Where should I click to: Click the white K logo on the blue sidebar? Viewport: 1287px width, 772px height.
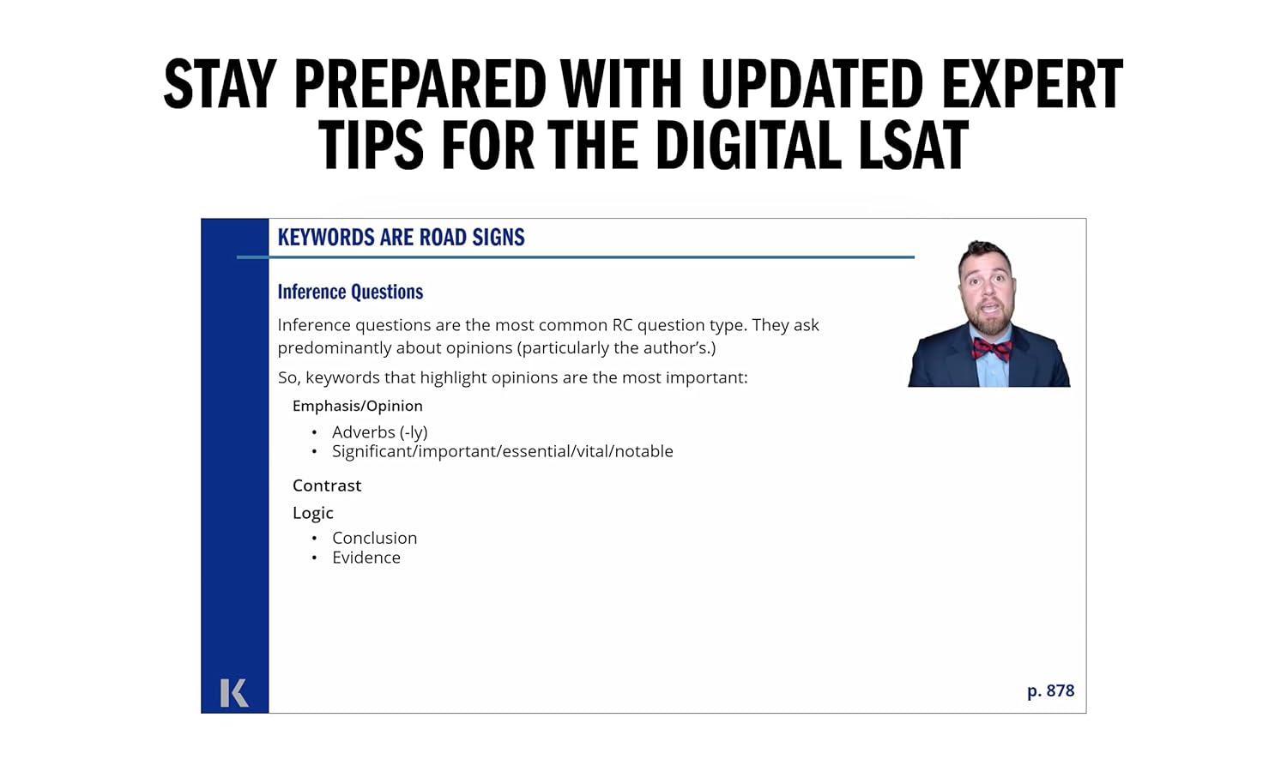coord(233,692)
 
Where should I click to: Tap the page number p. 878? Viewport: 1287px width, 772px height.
coord(1050,691)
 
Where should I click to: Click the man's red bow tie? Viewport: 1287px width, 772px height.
coord(992,348)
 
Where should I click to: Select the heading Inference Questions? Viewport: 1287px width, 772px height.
coord(350,292)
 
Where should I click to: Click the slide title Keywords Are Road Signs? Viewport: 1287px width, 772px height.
coord(401,238)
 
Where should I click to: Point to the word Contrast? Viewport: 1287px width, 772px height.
coord(327,486)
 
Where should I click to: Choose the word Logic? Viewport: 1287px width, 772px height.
coord(312,513)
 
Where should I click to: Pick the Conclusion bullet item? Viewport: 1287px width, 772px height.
coord(374,538)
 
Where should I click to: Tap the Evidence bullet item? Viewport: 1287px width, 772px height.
coord(366,558)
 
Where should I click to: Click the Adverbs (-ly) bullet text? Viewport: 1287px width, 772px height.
coord(379,432)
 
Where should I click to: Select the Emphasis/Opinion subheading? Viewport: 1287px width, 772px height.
coord(357,406)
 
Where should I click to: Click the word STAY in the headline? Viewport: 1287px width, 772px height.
coord(220,84)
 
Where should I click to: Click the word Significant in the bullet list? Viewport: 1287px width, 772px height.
coord(372,451)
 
